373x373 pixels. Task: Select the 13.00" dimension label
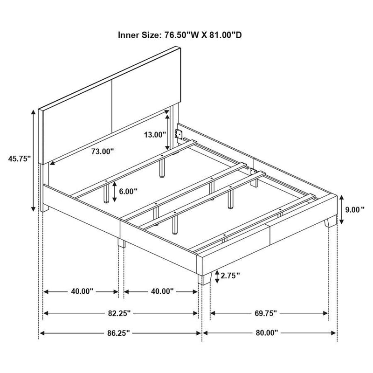coord(155,135)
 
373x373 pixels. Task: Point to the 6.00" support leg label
coord(128,191)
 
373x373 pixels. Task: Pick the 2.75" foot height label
coord(230,276)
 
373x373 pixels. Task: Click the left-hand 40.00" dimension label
coord(82,291)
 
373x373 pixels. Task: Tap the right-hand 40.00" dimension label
coord(162,291)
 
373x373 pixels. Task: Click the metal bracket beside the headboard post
coord(178,134)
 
